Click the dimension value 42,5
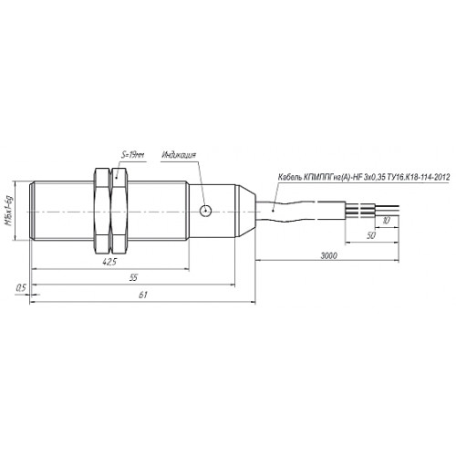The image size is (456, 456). [x=109, y=262]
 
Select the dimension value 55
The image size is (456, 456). [x=134, y=277]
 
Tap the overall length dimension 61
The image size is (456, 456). [x=143, y=295]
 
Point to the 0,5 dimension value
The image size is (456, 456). [x=21, y=287]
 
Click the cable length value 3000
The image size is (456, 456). [x=329, y=255]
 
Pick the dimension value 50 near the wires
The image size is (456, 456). [x=371, y=235]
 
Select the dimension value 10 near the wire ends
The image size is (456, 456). [x=386, y=220]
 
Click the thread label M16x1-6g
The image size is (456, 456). [x=10, y=212]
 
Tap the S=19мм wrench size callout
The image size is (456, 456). [x=132, y=155]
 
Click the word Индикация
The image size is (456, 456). [x=179, y=155]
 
